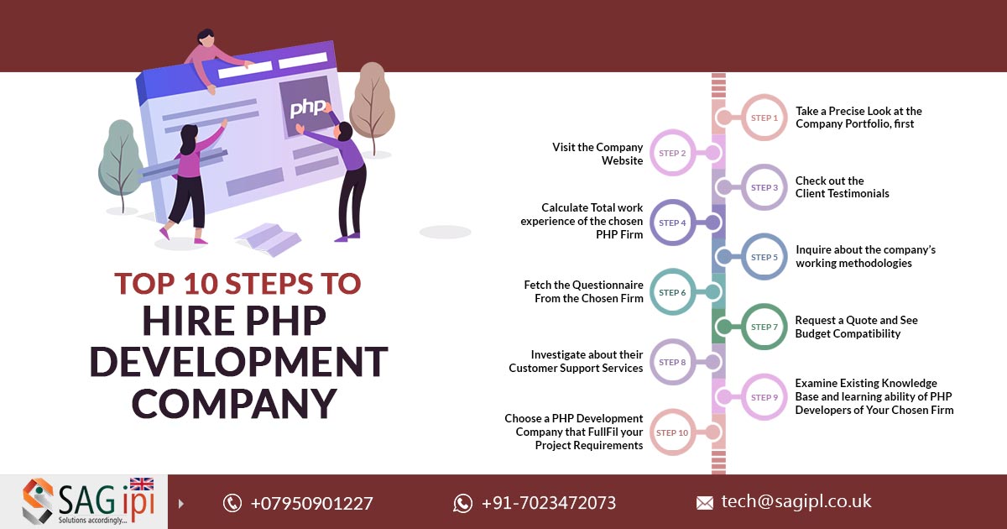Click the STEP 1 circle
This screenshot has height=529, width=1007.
coord(764,118)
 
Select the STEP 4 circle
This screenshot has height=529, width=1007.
coord(673,223)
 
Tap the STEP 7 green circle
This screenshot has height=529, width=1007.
coord(764,327)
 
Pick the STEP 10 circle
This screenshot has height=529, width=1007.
coord(673,432)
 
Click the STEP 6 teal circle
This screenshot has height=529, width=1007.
coord(673,292)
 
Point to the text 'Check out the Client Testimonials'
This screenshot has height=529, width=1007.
coord(842,187)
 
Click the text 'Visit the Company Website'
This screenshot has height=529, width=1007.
coord(597,154)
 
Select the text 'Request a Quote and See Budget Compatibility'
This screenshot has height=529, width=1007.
coord(856,327)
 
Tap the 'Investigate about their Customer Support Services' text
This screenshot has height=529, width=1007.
coord(576,361)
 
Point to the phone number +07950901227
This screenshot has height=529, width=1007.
coord(311,503)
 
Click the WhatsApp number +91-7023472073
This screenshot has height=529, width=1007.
coord(548,503)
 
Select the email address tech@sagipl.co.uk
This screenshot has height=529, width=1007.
coord(796,502)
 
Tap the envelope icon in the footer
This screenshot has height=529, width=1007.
coord(705,503)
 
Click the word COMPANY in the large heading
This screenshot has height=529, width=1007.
coord(233,403)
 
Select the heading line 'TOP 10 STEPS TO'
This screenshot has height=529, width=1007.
coord(237,284)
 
